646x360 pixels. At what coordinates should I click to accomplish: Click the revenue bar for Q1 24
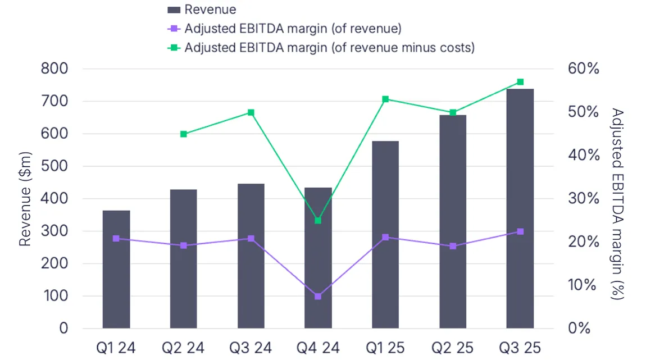coord(116,270)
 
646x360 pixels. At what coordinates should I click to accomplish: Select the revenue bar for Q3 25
coord(520,208)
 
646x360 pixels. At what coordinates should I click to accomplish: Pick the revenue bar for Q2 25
coord(453,222)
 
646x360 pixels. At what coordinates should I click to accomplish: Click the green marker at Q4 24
coord(318,221)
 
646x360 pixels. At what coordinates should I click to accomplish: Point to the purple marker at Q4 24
coord(318,296)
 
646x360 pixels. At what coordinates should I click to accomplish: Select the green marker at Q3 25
coord(520,82)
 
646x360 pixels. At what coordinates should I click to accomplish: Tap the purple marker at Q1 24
coord(116,239)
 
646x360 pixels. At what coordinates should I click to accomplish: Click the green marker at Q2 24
coord(184,134)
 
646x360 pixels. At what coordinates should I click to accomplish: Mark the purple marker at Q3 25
coord(520,231)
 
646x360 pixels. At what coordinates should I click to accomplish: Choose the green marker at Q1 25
coord(385,99)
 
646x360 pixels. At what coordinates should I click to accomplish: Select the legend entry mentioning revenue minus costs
coord(329,48)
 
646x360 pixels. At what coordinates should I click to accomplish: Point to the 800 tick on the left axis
coord(55,69)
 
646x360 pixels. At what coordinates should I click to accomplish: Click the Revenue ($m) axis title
coord(25,199)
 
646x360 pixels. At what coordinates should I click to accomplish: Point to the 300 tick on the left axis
coord(55,231)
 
